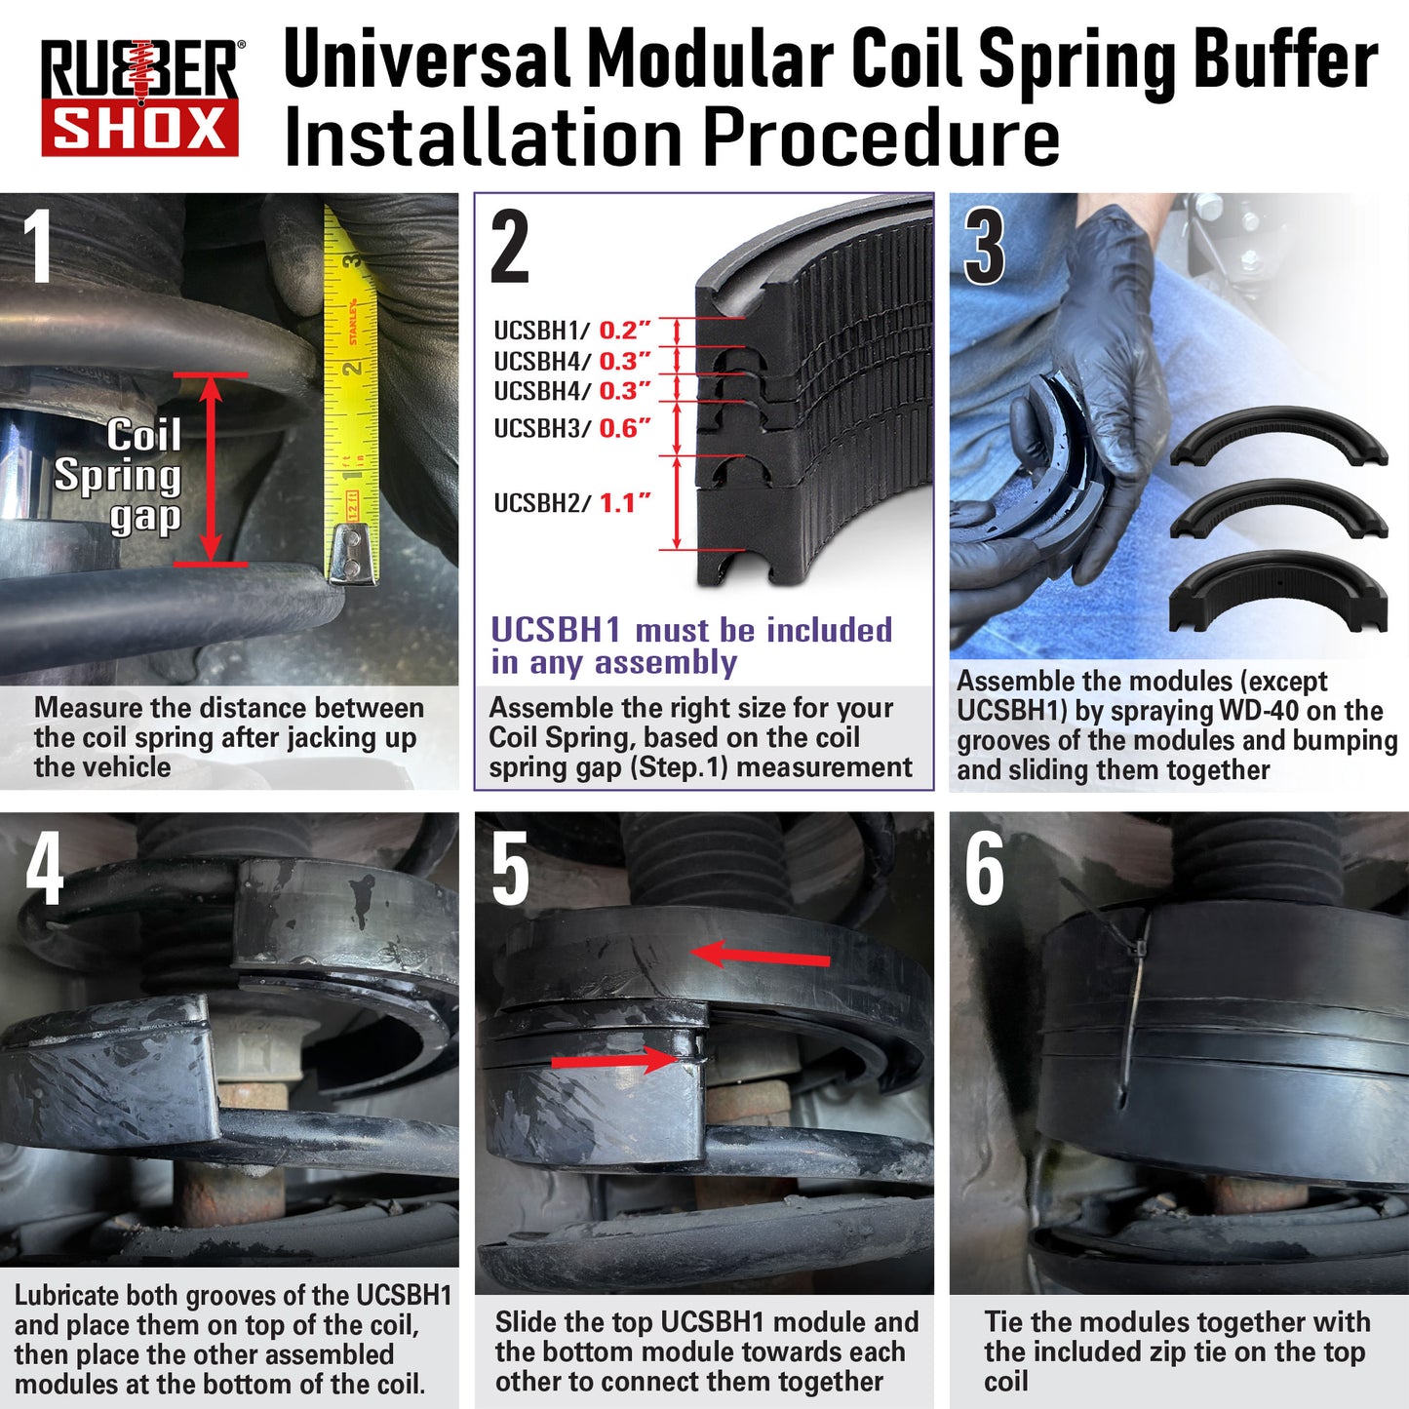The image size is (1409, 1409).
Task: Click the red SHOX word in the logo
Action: [x=139, y=128]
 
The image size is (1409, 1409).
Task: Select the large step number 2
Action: [x=510, y=246]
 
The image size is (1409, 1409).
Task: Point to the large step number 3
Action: [x=984, y=246]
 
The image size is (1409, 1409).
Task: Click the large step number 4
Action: [x=45, y=869]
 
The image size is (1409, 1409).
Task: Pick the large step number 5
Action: [x=510, y=869]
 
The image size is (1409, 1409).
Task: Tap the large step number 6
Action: [x=984, y=869]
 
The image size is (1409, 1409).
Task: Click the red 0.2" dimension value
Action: [x=624, y=331]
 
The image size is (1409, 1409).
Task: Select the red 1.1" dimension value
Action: [x=624, y=503]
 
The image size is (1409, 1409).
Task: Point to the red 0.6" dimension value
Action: [x=624, y=428]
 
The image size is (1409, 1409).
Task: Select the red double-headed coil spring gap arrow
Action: [x=211, y=469]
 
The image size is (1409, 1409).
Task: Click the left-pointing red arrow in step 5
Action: [x=760, y=956]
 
